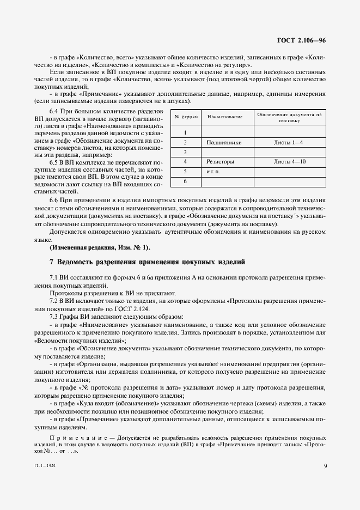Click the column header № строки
[186, 117]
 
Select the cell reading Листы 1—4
[289, 142]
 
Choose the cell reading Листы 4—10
[289, 162]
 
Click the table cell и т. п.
[212, 172]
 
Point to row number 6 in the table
[186, 181]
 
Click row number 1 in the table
[186, 132]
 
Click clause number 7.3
[54, 317]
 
